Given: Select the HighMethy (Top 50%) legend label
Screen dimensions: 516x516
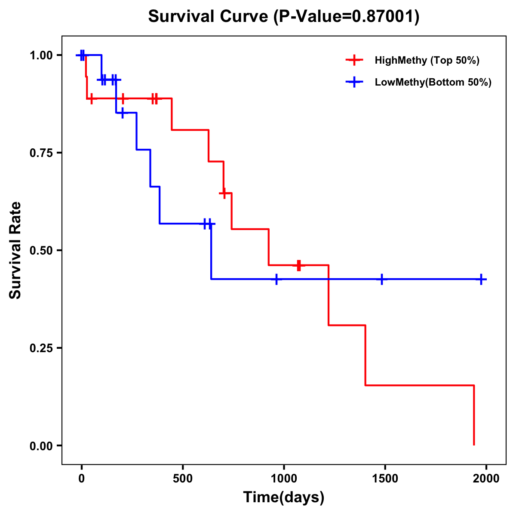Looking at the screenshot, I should pyautogui.click(x=427, y=60).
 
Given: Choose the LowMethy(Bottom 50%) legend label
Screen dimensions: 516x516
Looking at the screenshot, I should pyautogui.click(x=433, y=82).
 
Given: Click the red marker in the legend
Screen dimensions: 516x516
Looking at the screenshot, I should pyautogui.click(x=354, y=60).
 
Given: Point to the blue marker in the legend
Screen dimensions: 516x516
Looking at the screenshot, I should pyautogui.click(x=354, y=82).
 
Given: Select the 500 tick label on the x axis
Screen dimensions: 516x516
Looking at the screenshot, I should pyautogui.click(x=183, y=479).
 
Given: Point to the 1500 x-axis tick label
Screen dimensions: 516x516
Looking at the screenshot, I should pyautogui.click(x=385, y=479).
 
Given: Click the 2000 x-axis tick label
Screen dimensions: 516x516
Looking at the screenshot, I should pyautogui.click(x=486, y=479).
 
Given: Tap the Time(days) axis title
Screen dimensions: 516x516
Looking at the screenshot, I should pyautogui.click(x=284, y=497).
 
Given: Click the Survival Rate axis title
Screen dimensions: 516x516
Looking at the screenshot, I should pyautogui.click(x=15, y=250).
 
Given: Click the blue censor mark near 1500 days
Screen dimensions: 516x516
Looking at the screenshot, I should pyautogui.click(x=381, y=279).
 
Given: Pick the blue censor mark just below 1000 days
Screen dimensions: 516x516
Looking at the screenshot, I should pyautogui.click(x=276, y=279).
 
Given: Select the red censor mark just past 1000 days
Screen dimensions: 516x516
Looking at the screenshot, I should pyautogui.click(x=299, y=265).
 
